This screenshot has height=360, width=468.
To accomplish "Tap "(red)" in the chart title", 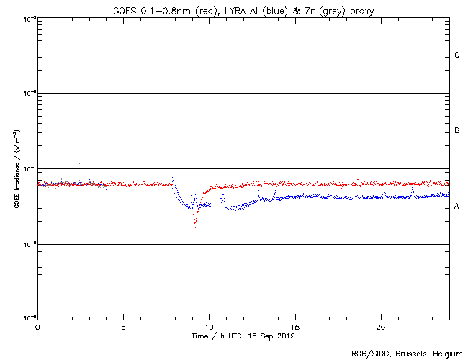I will tap(210, 11).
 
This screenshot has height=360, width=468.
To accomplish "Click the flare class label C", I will tap(457, 55).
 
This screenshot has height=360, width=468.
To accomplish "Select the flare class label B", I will tap(457, 131).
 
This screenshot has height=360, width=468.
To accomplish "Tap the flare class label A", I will tap(457, 207).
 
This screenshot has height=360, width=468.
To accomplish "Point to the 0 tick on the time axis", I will tap(37, 327).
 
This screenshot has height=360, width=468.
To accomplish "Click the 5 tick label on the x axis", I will tap(123, 327).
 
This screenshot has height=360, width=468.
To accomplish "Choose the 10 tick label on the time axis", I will tap(209, 327).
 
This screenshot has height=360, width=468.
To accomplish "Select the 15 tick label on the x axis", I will tap(294, 327).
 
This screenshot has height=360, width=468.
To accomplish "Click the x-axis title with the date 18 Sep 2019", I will tap(243, 336).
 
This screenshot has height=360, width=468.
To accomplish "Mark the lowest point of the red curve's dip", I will tap(194, 225).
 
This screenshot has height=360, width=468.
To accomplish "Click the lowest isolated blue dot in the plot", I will tap(213, 302).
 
